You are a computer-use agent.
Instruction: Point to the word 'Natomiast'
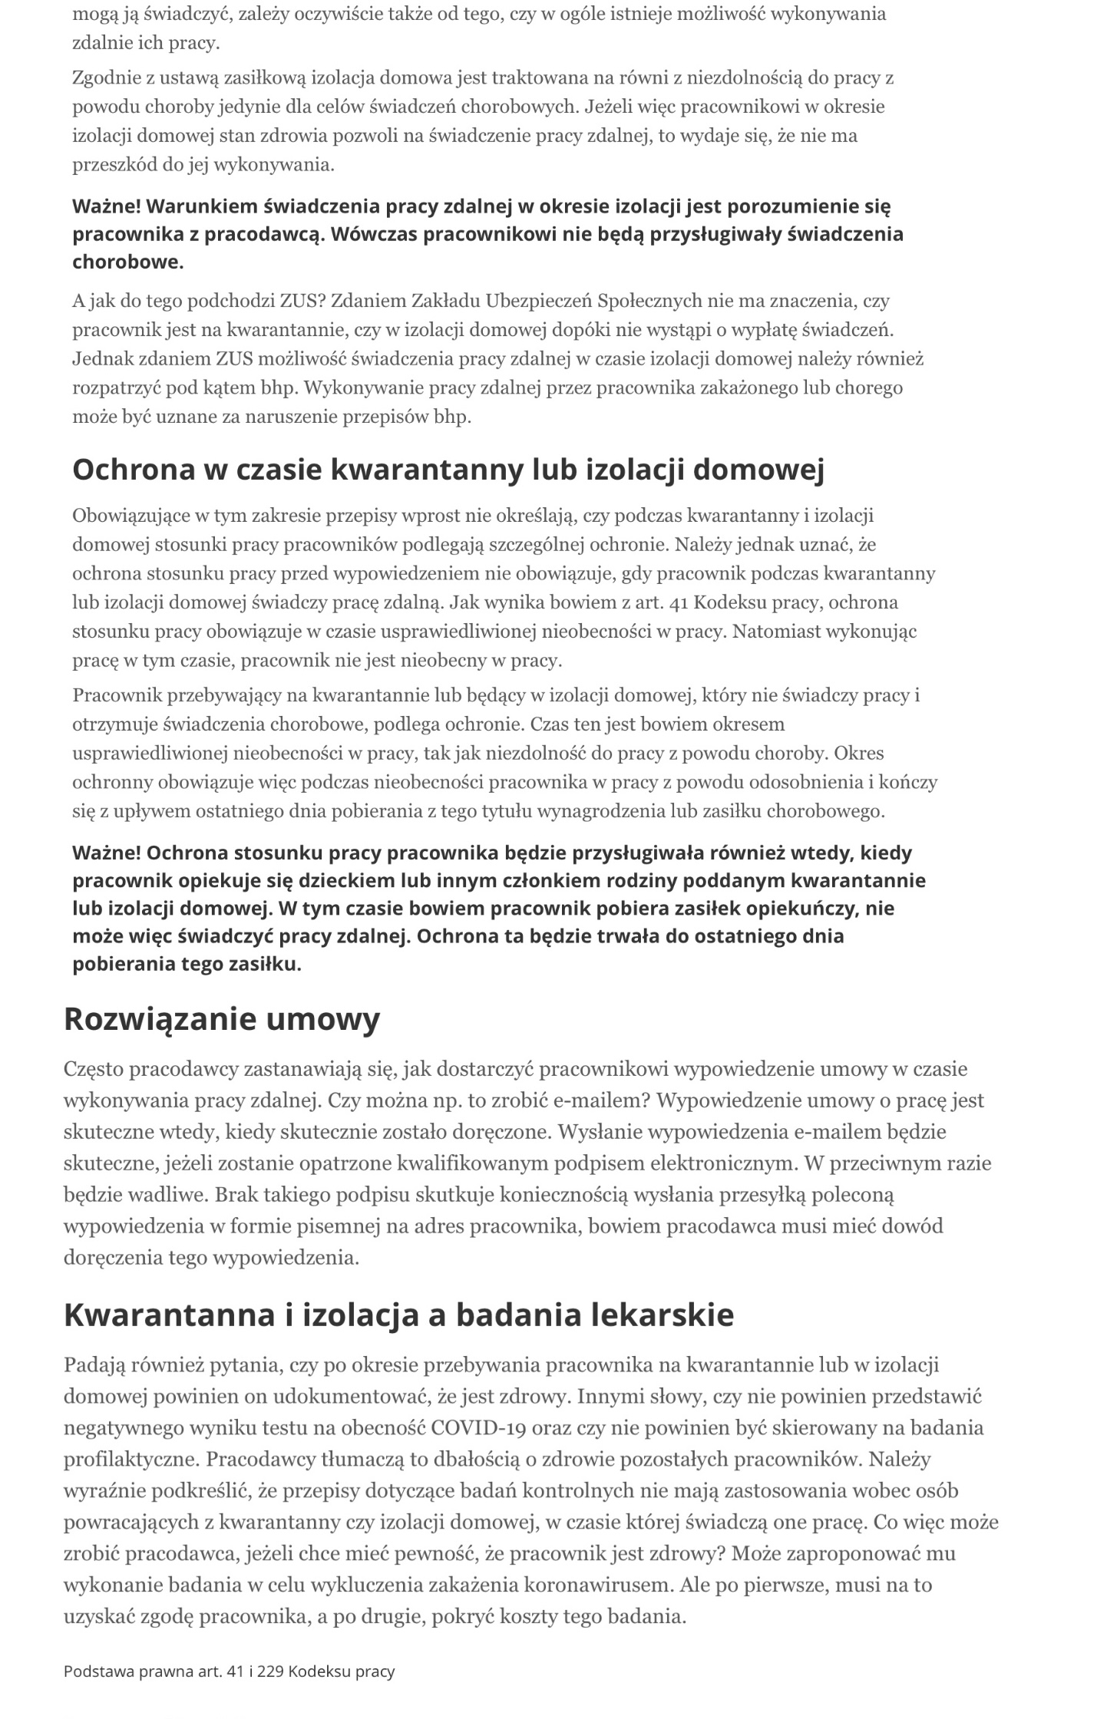point(771,632)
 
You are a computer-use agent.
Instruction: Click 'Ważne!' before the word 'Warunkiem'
point(106,206)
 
